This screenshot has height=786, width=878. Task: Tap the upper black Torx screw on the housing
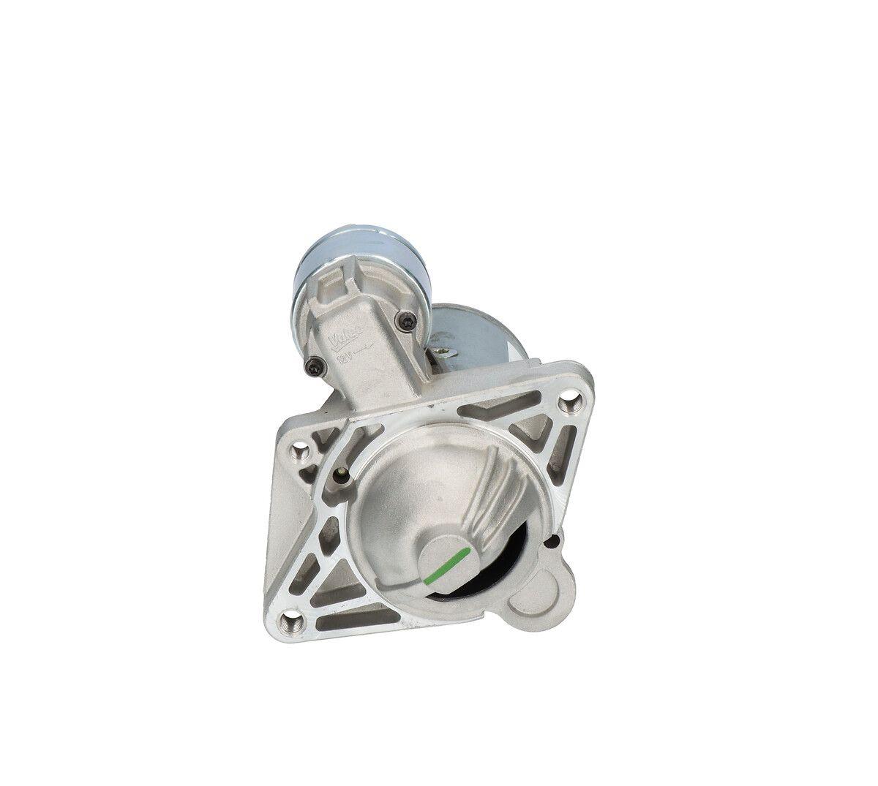[406, 318]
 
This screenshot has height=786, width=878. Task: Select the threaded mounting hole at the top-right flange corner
[569, 401]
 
